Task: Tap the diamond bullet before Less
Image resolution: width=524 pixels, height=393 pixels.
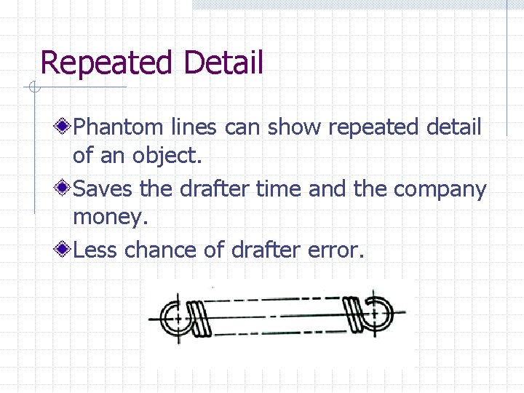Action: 64,250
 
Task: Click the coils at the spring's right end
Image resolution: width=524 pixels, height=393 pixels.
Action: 353,314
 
